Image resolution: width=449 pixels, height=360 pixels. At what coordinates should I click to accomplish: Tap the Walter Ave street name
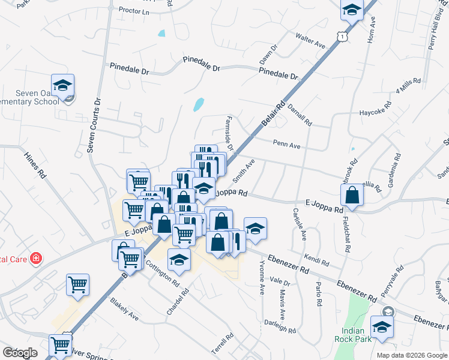point(310,41)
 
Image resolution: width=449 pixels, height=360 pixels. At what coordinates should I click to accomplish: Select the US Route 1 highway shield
point(341,37)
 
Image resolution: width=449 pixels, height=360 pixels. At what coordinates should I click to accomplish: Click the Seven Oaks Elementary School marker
point(62,86)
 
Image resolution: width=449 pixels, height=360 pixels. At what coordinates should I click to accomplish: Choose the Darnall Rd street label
point(300,114)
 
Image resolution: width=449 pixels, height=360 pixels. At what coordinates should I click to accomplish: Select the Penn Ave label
point(286,145)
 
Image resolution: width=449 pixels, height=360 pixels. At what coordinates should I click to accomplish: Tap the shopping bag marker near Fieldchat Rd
point(352,195)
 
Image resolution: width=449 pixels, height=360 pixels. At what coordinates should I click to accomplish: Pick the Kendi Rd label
point(316,260)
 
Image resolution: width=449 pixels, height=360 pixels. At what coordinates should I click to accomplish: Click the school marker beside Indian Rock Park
point(381,328)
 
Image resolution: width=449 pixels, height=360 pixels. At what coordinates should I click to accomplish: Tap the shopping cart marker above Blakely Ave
point(78,284)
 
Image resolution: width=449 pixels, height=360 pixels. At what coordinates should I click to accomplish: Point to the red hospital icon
point(36,259)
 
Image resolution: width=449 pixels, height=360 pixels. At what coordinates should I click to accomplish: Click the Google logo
point(20,353)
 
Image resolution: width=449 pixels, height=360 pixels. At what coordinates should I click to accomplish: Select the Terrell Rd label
point(229,345)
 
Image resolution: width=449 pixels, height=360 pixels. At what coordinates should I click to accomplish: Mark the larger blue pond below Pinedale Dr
point(199,105)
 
